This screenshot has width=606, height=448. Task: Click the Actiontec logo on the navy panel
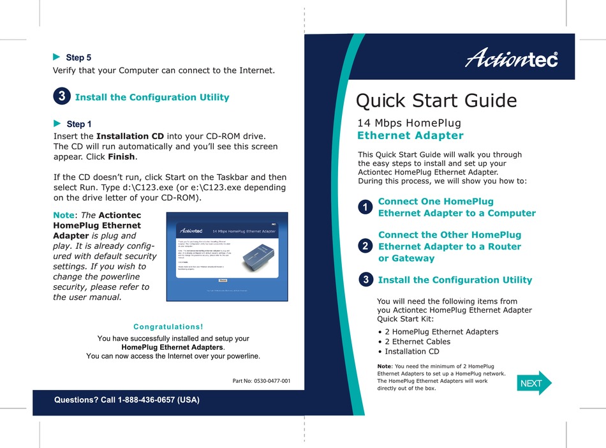[512, 59]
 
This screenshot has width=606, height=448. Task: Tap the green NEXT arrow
[533, 383]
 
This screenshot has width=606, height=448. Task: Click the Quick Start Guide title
[436, 100]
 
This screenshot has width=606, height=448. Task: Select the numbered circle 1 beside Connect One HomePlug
[365, 207]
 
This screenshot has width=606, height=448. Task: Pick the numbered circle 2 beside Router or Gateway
[365, 246]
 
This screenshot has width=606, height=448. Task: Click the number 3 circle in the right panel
[365, 280]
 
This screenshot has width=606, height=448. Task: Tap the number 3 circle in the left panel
[61, 97]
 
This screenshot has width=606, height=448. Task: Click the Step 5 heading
[78, 57]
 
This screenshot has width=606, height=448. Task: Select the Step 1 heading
[78, 124]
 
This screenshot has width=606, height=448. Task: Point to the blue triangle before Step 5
[56, 57]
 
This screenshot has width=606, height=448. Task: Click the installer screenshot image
[226, 257]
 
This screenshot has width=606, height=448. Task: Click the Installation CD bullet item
[411, 351]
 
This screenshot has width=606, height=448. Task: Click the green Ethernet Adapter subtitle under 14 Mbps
[410, 135]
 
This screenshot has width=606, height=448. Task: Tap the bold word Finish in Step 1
[121, 157]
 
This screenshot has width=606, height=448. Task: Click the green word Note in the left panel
[64, 216]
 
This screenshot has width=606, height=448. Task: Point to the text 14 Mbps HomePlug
[409, 123]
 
